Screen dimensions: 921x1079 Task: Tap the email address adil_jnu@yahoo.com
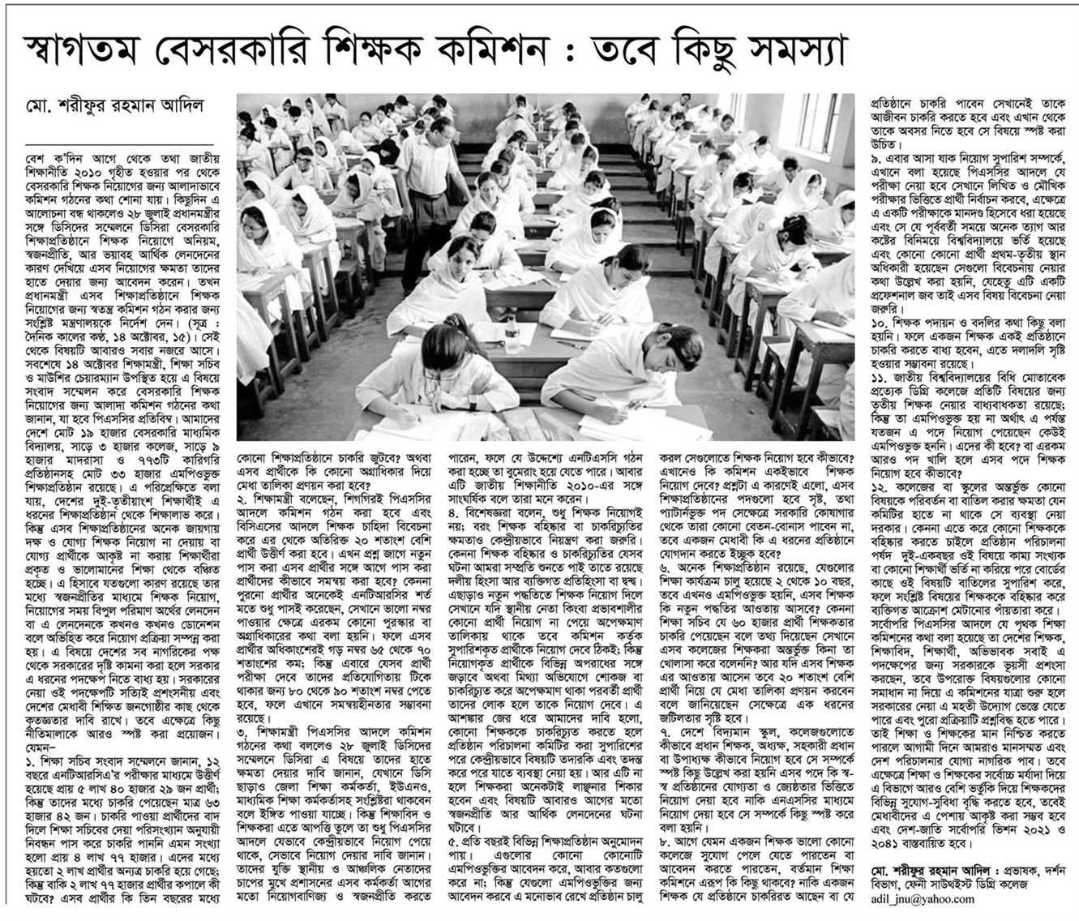coord(922,898)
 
